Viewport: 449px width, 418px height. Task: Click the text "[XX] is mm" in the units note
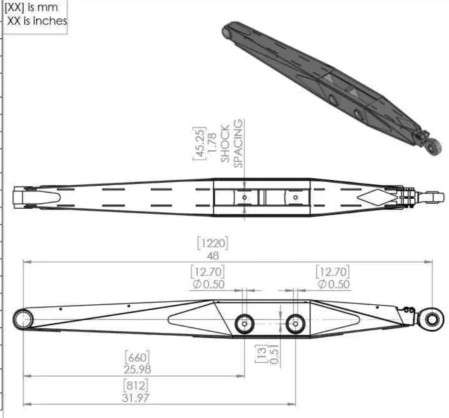[x=31, y=8]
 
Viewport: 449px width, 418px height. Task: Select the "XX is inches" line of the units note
[x=37, y=21]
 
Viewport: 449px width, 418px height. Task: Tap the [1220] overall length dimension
[x=212, y=244]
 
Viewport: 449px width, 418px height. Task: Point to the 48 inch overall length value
[x=213, y=256]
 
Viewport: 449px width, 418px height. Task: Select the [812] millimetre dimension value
[x=136, y=386]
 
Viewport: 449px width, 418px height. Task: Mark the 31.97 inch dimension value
[x=136, y=398]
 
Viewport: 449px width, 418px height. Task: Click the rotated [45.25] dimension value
[x=200, y=143]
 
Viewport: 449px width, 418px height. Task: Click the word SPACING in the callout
[x=239, y=143]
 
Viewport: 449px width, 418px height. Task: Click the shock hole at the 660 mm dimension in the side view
[x=244, y=324]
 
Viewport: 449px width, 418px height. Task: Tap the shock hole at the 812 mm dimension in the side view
[x=295, y=324]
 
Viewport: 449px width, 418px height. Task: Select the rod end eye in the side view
[x=432, y=318]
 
